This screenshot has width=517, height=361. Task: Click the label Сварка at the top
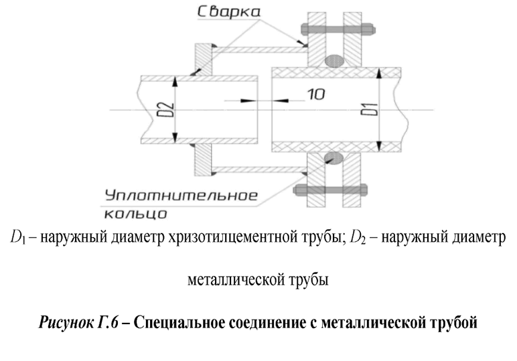click(229, 11)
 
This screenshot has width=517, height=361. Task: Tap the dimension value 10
click(316, 94)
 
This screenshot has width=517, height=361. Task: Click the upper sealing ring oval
click(334, 61)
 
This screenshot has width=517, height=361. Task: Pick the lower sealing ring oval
click(334, 157)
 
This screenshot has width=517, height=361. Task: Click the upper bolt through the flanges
click(338, 29)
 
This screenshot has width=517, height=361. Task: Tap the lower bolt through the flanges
click(330, 190)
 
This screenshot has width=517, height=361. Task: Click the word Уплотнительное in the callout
click(181, 196)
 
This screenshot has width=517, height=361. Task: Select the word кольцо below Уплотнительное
click(135, 214)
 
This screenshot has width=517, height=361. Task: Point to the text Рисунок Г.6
click(78, 322)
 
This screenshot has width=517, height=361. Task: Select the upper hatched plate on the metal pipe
click(203, 60)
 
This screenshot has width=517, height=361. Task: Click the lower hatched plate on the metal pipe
click(203, 160)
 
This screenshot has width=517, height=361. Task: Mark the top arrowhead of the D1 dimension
click(379, 73)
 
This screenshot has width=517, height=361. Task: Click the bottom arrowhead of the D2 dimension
click(175, 138)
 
